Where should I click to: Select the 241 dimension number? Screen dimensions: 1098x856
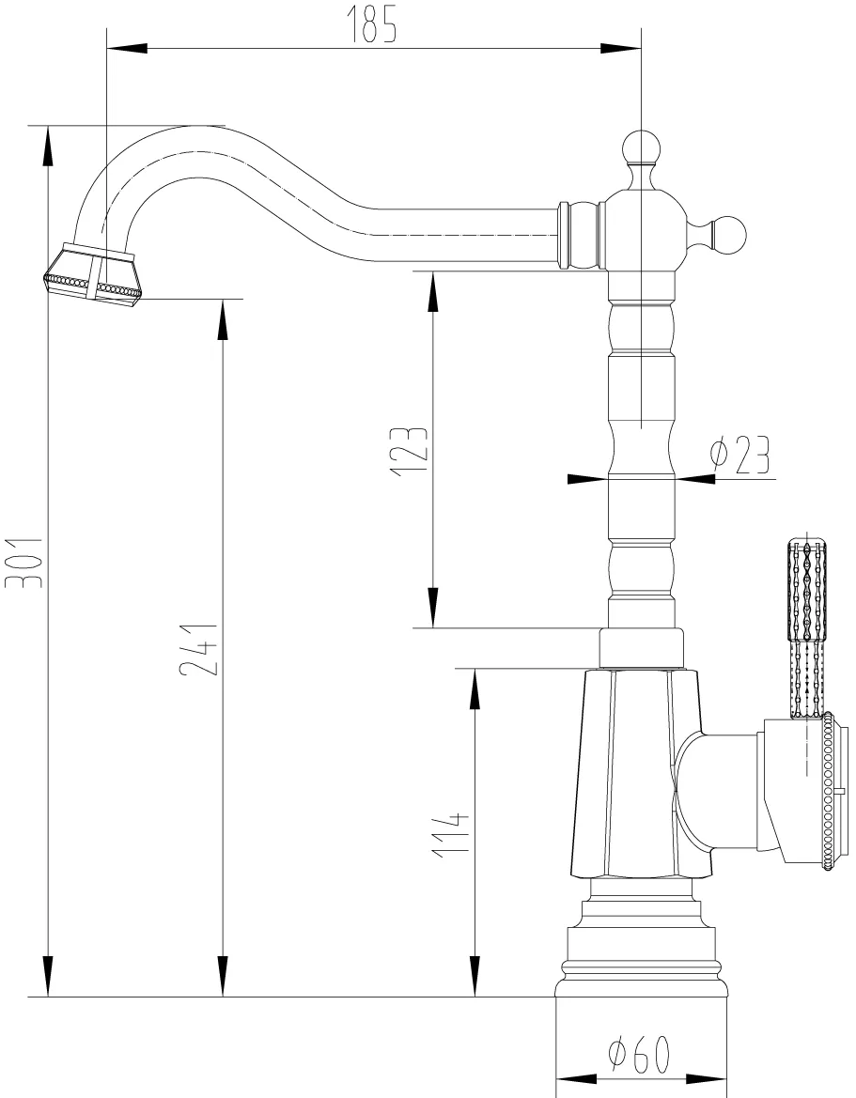coord(199,650)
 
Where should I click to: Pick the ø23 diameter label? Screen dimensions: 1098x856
coord(739,456)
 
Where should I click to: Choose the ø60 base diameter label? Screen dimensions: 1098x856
coord(638,1057)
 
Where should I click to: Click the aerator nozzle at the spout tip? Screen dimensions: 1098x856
coord(92,273)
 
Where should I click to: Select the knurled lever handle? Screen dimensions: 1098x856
coord(806,620)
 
